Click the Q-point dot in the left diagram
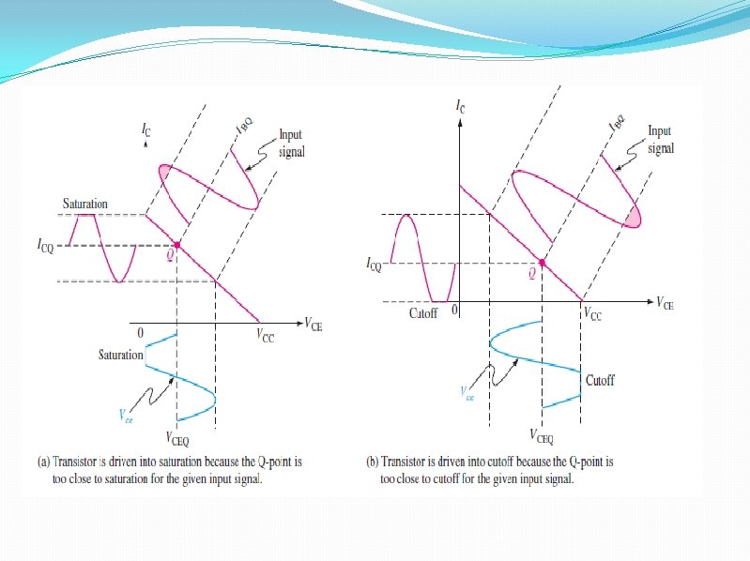[x=176, y=246]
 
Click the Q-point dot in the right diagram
[x=543, y=263]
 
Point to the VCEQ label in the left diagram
[x=180, y=438]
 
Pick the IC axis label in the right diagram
[x=459, y=108]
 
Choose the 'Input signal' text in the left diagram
[x=292, y=143]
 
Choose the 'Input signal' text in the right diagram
[x=661, y=142]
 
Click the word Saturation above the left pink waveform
[x=85, y=204]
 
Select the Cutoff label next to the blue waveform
[x=601, y=380]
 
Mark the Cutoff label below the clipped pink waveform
[x=423, y=312]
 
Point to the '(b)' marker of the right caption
[x=372, y=462]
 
